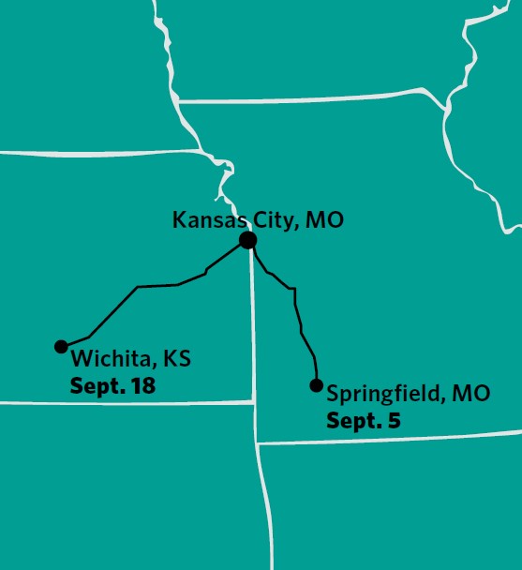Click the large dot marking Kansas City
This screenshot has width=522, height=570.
tap(247, 241)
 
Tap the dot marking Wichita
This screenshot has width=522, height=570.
tap(61, 347)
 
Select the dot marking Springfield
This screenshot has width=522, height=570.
tap(316, 385)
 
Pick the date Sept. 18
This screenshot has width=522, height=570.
tap(112, 385)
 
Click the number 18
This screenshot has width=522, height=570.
tap(142, 385)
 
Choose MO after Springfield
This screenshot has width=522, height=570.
tap(470, 394)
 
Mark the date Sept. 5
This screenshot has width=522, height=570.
tap(363, 421)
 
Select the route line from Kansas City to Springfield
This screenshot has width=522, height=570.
tap(297, 309)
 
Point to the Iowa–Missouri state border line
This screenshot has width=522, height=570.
tap(309, 97)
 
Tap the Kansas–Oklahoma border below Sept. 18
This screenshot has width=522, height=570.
tap(122, 402)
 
